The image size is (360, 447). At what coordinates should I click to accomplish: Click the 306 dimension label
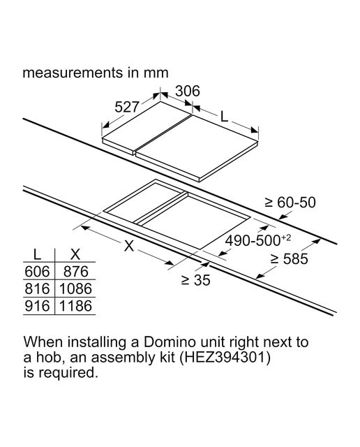click(188, 91)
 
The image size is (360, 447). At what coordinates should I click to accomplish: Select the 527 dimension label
click(127, 107)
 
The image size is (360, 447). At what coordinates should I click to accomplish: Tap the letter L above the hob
click(225, 116)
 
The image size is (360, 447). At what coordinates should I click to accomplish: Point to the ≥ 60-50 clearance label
click(290, 203)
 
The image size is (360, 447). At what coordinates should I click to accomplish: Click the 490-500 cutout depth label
click(257, 240)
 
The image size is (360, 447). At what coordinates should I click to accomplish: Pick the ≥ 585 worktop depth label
click(289, 259)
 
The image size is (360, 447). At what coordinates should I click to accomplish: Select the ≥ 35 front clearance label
click(195, 280)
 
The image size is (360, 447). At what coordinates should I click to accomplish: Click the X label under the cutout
click(129, 245)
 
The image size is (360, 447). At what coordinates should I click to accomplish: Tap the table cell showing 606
click(37, 272)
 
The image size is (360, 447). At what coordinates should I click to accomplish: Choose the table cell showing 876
click(75, 272)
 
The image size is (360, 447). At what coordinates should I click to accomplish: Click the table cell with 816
click(37, 288)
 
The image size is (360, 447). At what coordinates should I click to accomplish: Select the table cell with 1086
click(75, 288)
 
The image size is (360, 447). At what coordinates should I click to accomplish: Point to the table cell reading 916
click(37, 306)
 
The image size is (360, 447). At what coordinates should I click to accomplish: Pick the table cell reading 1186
click(75, 306)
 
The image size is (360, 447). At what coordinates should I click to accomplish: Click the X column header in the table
click(75, 254)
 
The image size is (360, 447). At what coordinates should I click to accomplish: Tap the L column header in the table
click(37, 254)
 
